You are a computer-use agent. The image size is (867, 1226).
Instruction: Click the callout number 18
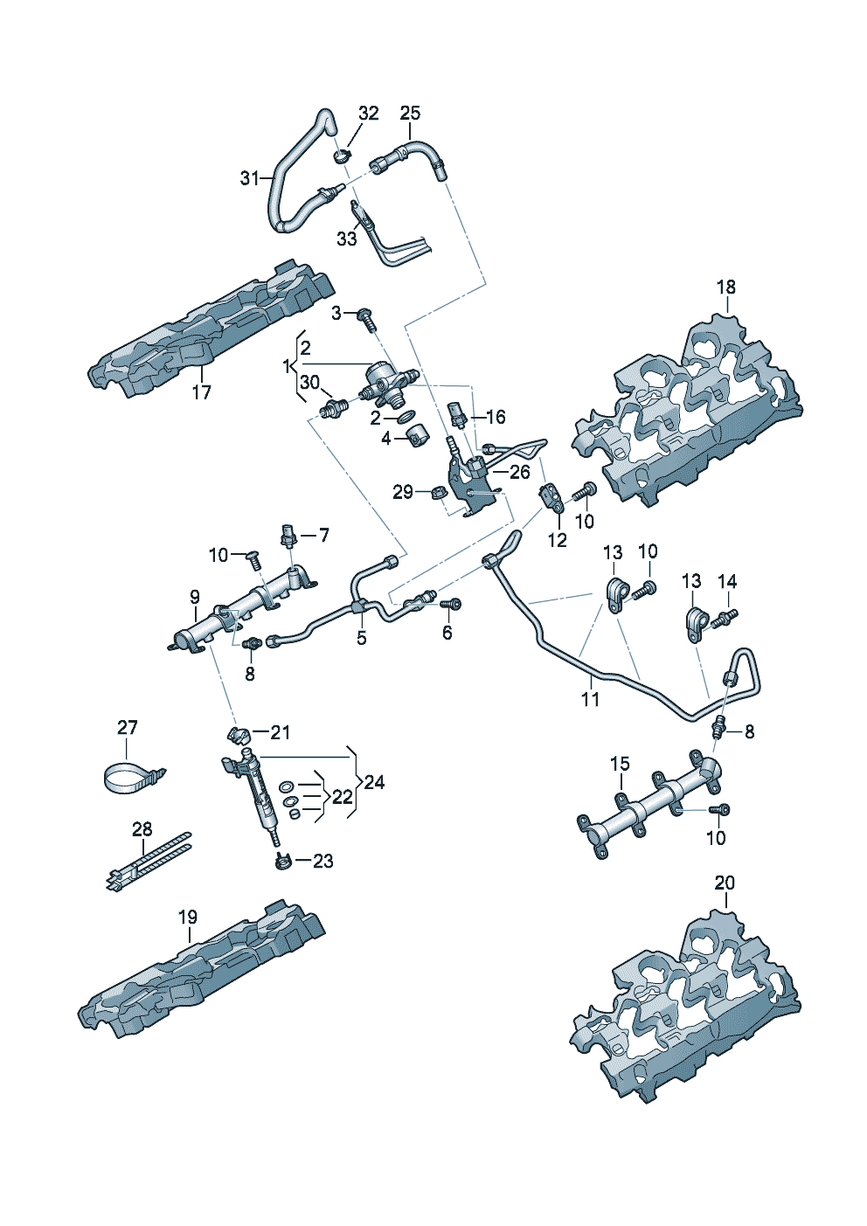[726, 287]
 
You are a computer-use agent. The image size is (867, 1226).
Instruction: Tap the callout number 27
[128, 728]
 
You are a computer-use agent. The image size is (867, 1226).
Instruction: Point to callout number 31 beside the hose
[250, 178]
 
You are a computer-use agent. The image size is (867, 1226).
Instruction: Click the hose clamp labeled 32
[342, 156]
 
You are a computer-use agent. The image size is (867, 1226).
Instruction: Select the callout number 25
[410, 113]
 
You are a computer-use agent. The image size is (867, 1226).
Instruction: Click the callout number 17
[202, 392]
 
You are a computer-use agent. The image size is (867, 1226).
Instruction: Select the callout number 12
[558, 540]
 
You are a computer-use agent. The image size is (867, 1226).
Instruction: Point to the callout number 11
[591, 699]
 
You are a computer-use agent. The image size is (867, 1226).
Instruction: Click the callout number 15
[620, 764]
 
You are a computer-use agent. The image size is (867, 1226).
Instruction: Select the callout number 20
[725, 883]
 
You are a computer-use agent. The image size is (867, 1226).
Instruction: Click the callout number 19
[188, 917]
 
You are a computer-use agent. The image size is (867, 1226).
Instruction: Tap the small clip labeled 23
[281, 862]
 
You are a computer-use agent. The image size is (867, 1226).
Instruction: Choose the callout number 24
[374, 782]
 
